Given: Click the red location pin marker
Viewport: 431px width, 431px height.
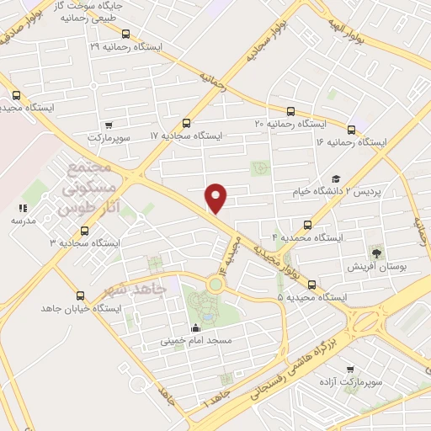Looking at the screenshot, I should tap(216, 198).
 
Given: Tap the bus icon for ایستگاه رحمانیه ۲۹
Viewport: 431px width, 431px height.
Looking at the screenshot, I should tap(125, 35).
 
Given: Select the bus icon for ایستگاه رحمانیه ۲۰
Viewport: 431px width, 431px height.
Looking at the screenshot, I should tap(291, 110).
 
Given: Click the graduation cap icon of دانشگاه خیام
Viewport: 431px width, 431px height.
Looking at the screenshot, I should tap(336, 178).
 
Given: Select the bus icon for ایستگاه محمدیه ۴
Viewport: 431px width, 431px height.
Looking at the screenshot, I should tap(307, 225).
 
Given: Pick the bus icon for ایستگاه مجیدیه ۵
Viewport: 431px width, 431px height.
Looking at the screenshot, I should tap(312, 285).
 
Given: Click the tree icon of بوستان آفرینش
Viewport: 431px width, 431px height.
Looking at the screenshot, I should tap(375, 252).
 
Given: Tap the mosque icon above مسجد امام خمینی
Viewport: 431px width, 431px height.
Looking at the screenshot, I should tap(196, 328).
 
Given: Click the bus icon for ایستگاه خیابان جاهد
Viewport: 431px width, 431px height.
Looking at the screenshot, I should tap(81, 295).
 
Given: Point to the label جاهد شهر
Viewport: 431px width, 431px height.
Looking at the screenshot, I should tap(130, 289).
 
